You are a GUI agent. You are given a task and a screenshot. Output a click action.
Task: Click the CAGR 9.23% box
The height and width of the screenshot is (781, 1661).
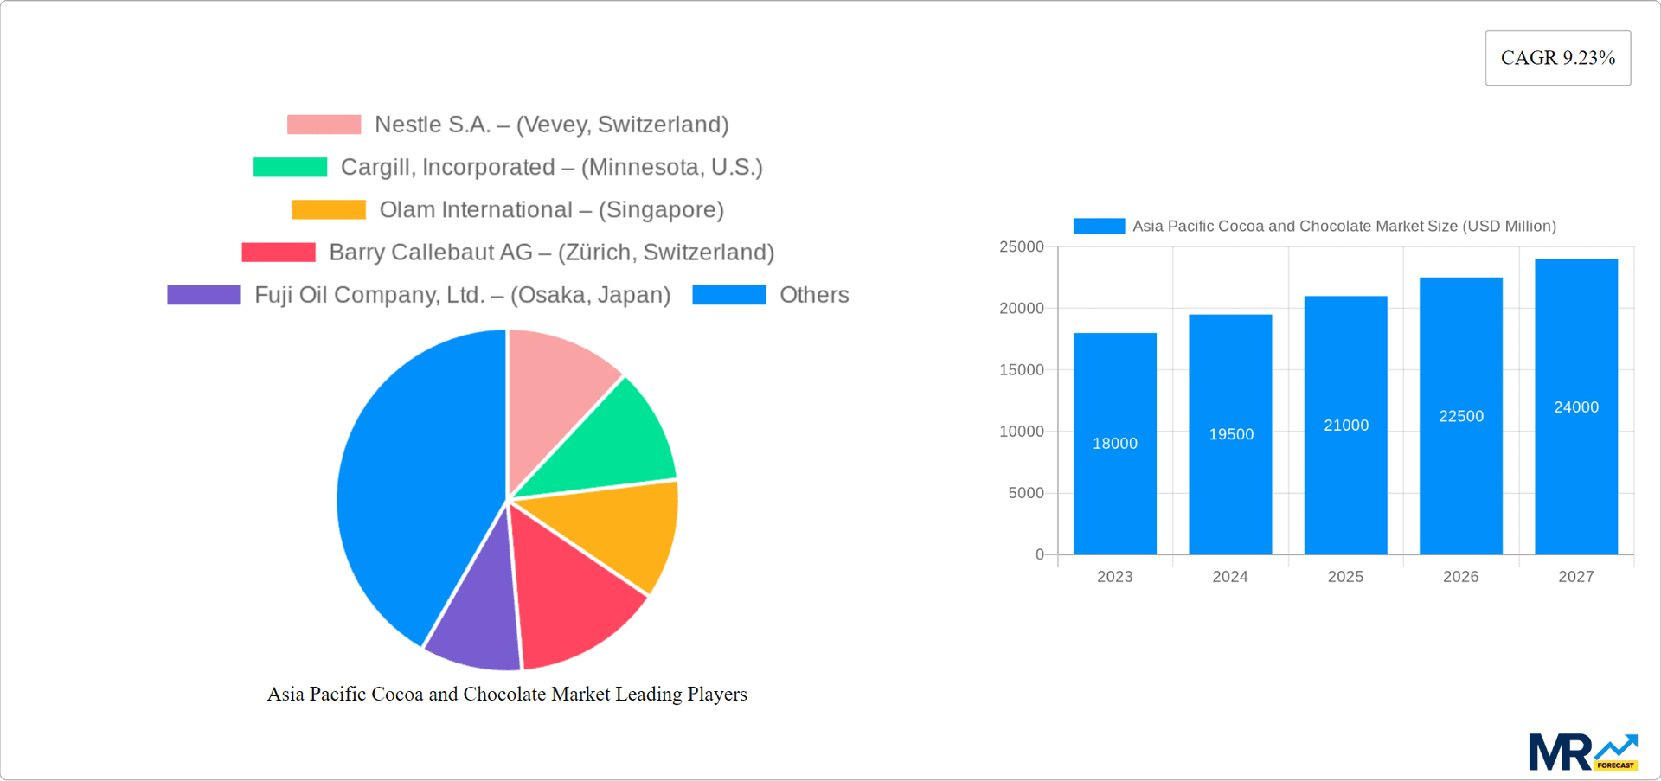[1557, 58]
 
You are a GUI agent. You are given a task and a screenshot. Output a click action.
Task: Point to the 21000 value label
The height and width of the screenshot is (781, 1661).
[1346, 426]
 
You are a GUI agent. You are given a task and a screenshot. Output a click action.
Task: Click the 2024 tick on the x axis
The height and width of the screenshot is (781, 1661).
[1229, 577]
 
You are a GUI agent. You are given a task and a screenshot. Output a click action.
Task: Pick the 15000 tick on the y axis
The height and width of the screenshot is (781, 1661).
[1021, 370]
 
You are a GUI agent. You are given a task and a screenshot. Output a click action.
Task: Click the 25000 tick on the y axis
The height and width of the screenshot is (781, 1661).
[1021, 247]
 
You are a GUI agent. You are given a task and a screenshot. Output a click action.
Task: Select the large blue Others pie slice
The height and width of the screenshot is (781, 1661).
[415, 484]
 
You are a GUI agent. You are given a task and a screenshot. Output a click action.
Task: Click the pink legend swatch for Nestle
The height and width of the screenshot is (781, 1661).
[324, 125]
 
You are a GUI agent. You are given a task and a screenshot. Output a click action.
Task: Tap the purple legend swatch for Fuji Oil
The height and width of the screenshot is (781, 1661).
[204, 295]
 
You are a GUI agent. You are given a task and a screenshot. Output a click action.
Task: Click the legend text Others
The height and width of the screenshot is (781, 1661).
[814, 295]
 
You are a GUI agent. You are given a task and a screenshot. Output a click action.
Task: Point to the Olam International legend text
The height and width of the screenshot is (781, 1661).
[551, 210]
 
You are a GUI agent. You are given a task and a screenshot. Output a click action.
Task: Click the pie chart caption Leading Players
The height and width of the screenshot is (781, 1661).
[507, 694]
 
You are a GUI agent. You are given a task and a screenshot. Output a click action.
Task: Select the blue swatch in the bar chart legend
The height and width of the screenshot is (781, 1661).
[1099, 226]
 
